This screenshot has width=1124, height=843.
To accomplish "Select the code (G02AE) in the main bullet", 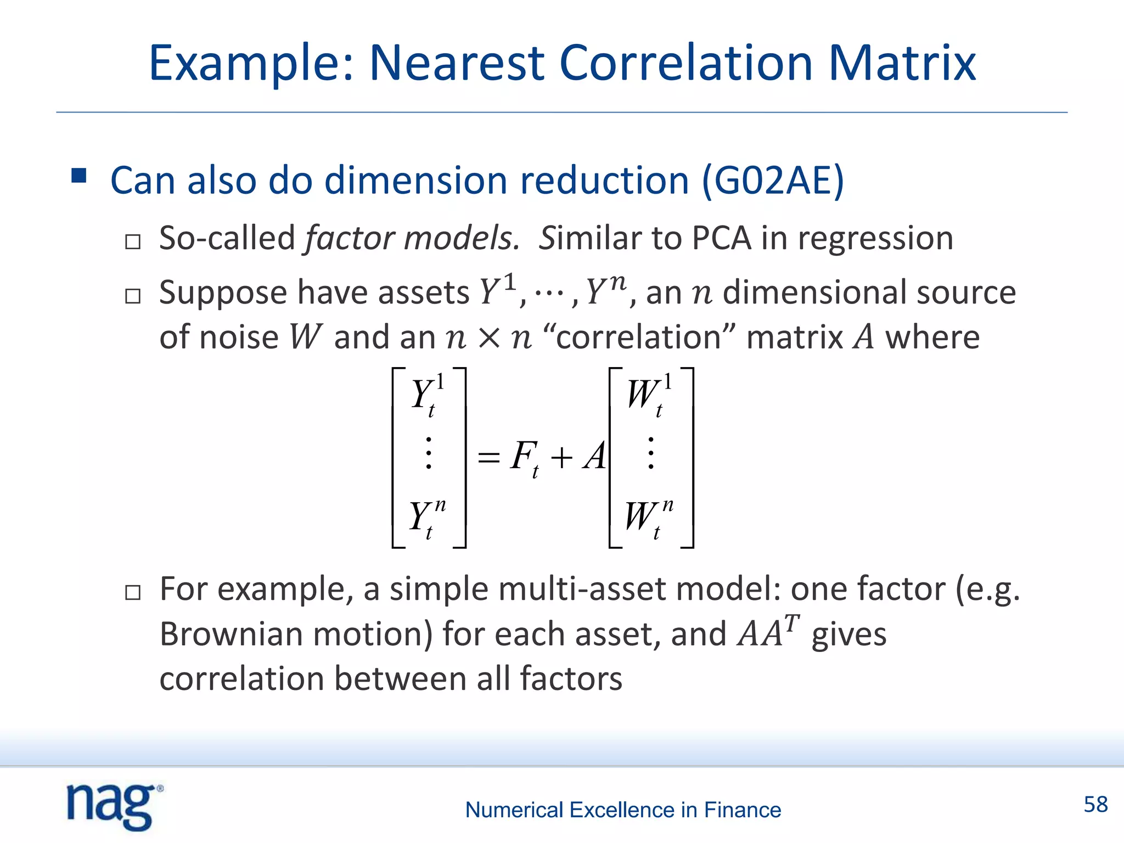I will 773,181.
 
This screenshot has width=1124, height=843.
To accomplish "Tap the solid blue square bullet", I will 79,176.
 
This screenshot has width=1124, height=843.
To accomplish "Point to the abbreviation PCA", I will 721,238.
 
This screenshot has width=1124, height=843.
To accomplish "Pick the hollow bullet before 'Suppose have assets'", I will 133,296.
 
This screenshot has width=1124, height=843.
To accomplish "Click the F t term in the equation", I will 524,457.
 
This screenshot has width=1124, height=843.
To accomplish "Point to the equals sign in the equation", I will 488,457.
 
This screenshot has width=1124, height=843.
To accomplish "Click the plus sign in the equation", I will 561,457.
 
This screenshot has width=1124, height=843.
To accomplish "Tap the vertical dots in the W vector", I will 650,453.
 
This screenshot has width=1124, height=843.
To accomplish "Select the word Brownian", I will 231,634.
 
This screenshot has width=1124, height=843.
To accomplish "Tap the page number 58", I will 1095,805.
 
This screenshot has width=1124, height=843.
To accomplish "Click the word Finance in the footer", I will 742,810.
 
